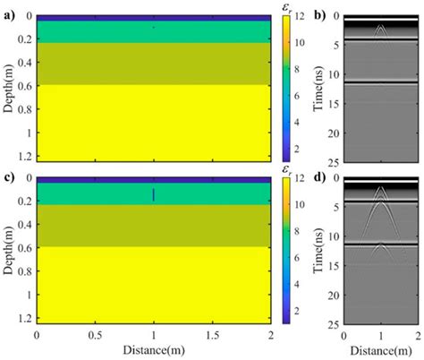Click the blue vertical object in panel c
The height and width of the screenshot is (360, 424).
click(154, 194)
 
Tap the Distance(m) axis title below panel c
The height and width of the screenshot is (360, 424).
click(153, 351)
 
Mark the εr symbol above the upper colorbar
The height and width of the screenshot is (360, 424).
click(288, 6)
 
